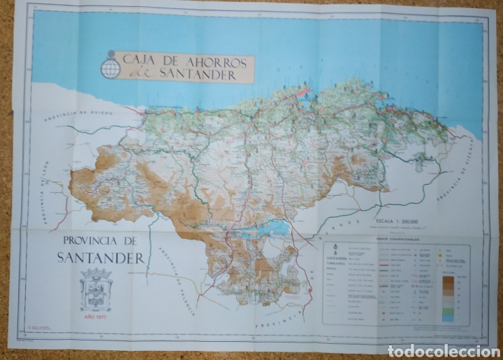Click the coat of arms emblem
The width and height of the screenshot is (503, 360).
pos(96,289)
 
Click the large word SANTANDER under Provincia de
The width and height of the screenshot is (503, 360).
pos(101,258)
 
